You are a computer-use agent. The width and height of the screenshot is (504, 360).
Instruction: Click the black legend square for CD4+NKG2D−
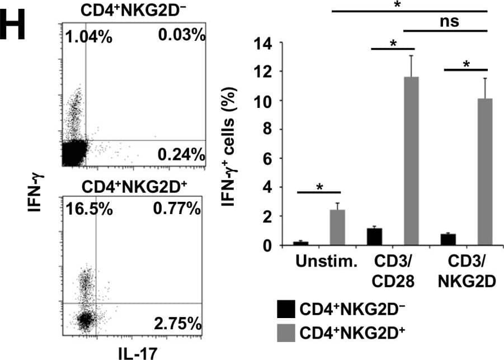coord(286,310)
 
